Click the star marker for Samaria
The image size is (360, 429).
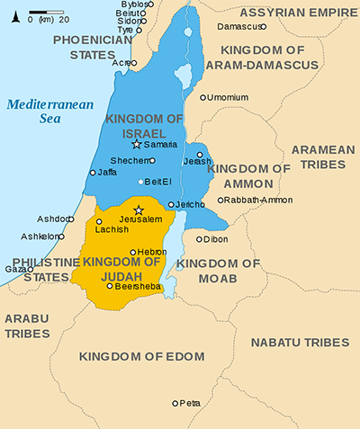tap(137, 144)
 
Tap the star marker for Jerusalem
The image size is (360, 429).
tap(139, 210)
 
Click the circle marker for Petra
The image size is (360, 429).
tap(175, 403)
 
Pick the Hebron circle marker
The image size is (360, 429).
tap(133, 253)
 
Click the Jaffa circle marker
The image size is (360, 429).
tap(93, 172)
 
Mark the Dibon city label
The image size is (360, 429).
tap(216, 239)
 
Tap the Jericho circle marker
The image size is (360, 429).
tap(171, 205)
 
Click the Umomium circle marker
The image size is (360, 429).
tap(203, 97)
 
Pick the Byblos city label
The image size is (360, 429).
tap(133, 4)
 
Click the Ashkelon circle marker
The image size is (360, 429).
tap(62, 237)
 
